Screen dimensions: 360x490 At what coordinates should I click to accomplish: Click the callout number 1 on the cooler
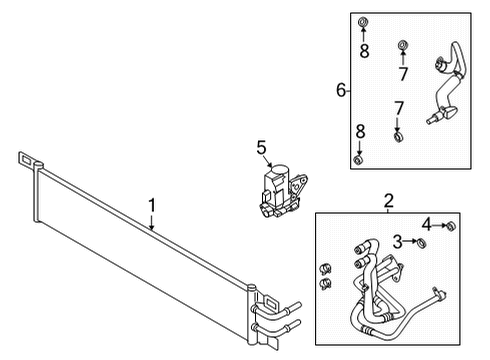pos(151,205)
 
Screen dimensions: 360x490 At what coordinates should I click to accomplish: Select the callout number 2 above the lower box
pos(388,202)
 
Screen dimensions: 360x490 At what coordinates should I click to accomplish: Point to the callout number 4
pos(426,223)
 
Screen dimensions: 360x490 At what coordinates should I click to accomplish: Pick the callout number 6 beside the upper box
pos(341,90)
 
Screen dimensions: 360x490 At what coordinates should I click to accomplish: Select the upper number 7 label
pos(402,74)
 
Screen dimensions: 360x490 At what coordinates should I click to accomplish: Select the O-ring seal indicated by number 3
pos(421,242)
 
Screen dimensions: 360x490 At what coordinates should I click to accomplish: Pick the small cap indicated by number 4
pos(450,225)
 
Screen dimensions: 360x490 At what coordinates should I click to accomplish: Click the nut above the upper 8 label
pos(364,23)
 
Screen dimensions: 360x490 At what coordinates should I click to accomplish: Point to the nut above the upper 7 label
pos(402,45)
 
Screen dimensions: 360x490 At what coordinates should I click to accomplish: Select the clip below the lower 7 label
pos(397,137)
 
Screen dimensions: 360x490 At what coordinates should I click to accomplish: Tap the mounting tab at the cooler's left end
pos(27,159)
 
